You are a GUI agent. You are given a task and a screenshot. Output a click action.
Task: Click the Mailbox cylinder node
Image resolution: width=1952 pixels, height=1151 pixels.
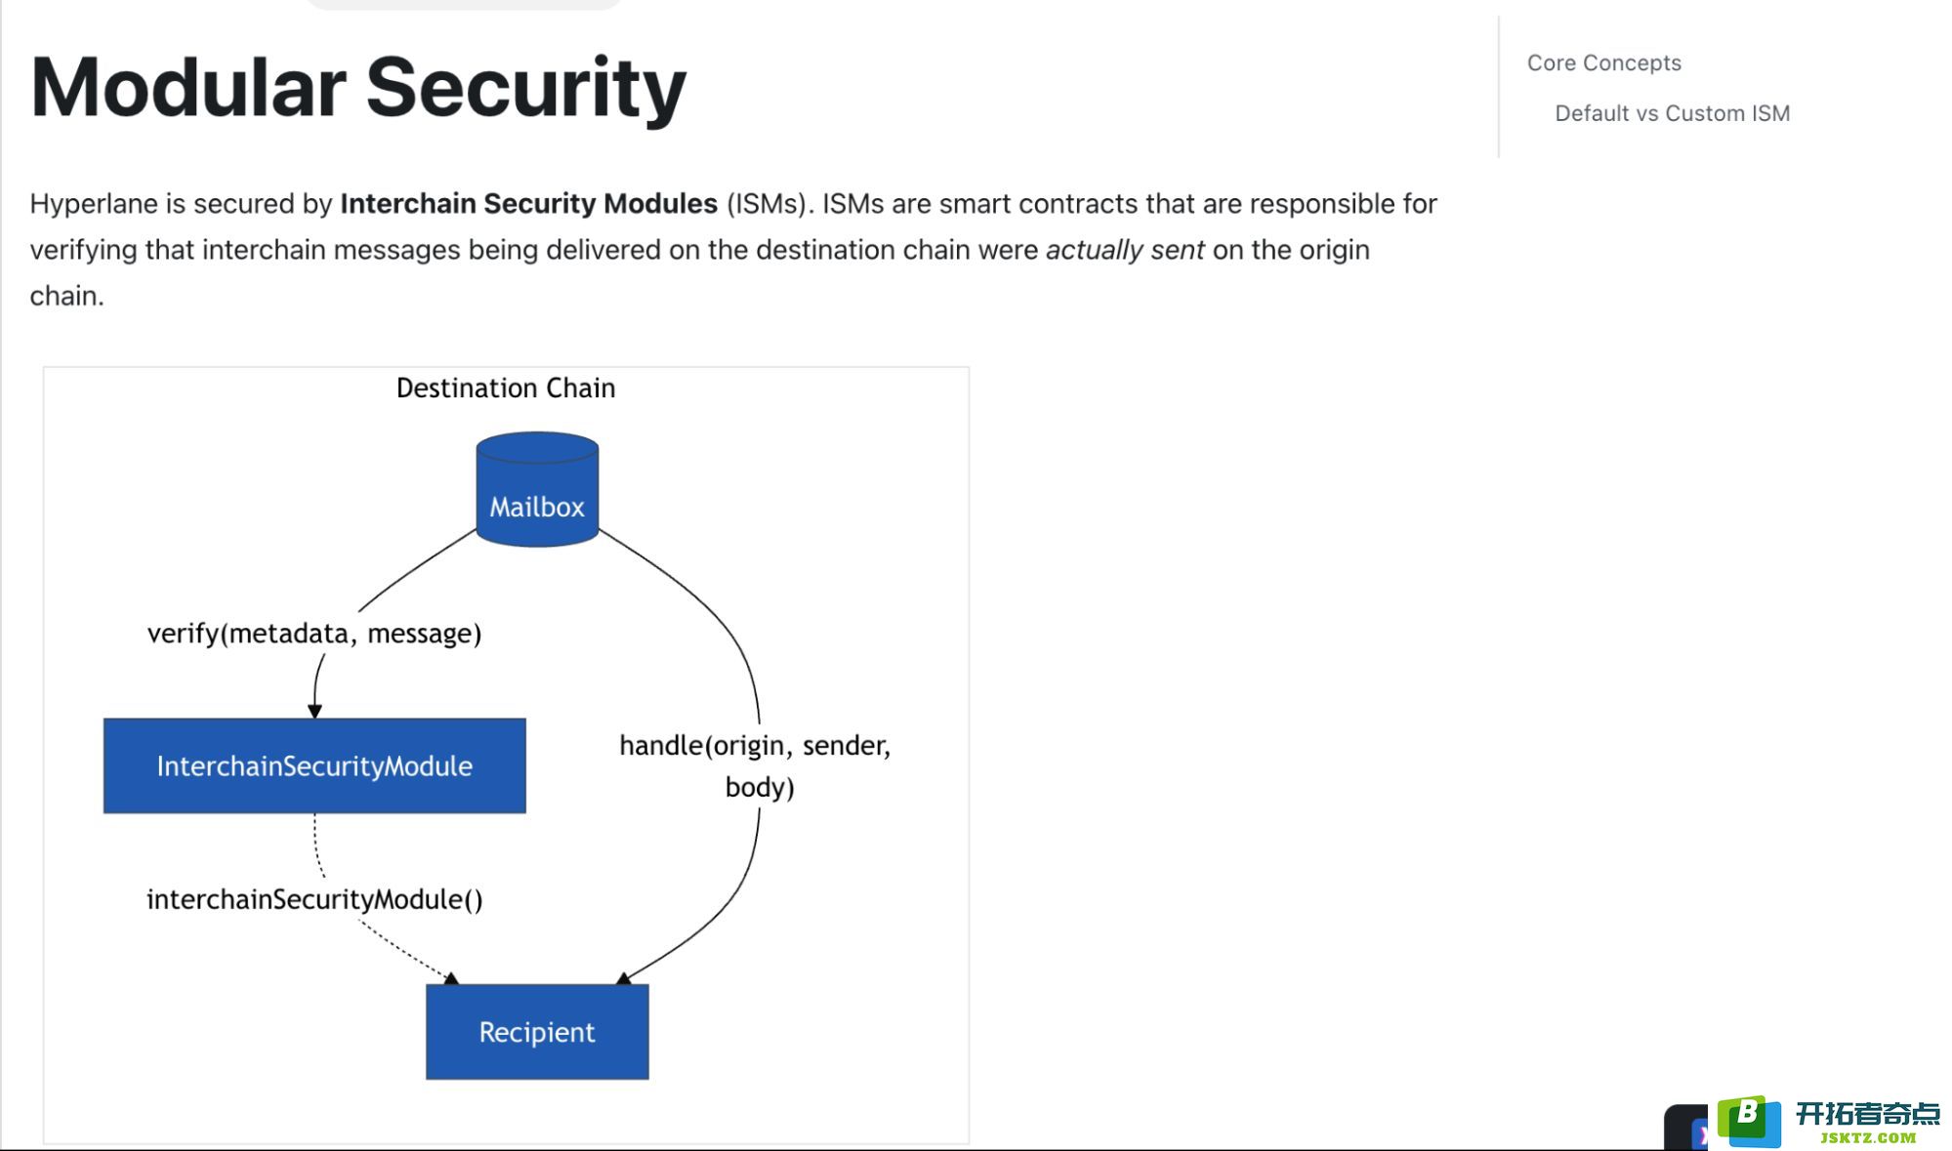[x=537, y=489]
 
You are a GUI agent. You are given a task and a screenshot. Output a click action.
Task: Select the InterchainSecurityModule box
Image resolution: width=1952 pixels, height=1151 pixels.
[x=314, y=765]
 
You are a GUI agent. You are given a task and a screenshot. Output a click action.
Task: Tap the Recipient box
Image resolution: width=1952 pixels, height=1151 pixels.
[x=537, y=1031]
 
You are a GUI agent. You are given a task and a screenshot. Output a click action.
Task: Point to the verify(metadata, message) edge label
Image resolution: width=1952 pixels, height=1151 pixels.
[x=314, y=634]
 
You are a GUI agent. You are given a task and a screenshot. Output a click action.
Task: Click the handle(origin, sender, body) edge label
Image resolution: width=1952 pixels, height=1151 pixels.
[x=756, y=765]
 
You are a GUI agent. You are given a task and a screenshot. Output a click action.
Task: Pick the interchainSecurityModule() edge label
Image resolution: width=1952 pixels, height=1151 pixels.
[x=314, y=899]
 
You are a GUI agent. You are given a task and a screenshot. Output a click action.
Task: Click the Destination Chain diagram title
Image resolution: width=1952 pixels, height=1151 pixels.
[x=506, y=388]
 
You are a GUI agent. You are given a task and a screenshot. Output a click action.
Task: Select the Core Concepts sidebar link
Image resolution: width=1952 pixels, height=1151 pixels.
[x=1604, y=62]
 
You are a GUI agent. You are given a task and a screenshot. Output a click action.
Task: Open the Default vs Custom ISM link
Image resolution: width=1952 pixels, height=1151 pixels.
[x=1673, y=113]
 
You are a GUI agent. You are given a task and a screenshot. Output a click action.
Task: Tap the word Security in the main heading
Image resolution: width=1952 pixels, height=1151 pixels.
[x=526, y=90]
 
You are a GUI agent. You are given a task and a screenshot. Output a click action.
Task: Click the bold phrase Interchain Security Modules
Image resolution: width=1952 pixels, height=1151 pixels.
[x=529, y=203]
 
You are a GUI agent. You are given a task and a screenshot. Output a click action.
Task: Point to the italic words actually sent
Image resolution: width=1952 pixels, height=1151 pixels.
[x=1125, y=250]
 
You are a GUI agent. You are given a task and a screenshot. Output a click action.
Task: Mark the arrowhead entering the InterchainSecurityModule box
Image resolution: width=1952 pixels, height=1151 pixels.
[x=314, y=711]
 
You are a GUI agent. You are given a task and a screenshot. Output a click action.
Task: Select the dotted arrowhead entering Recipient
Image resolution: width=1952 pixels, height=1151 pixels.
[x=451, y=977]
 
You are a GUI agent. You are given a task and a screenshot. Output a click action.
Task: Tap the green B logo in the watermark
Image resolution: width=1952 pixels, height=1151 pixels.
[x=1749, y=1121]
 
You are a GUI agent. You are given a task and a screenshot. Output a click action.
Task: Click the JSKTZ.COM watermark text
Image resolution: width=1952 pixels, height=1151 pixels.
[x=1868, y=1137]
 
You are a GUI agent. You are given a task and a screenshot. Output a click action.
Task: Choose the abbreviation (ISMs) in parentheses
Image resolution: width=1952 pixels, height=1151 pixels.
[x=770, y=204]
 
